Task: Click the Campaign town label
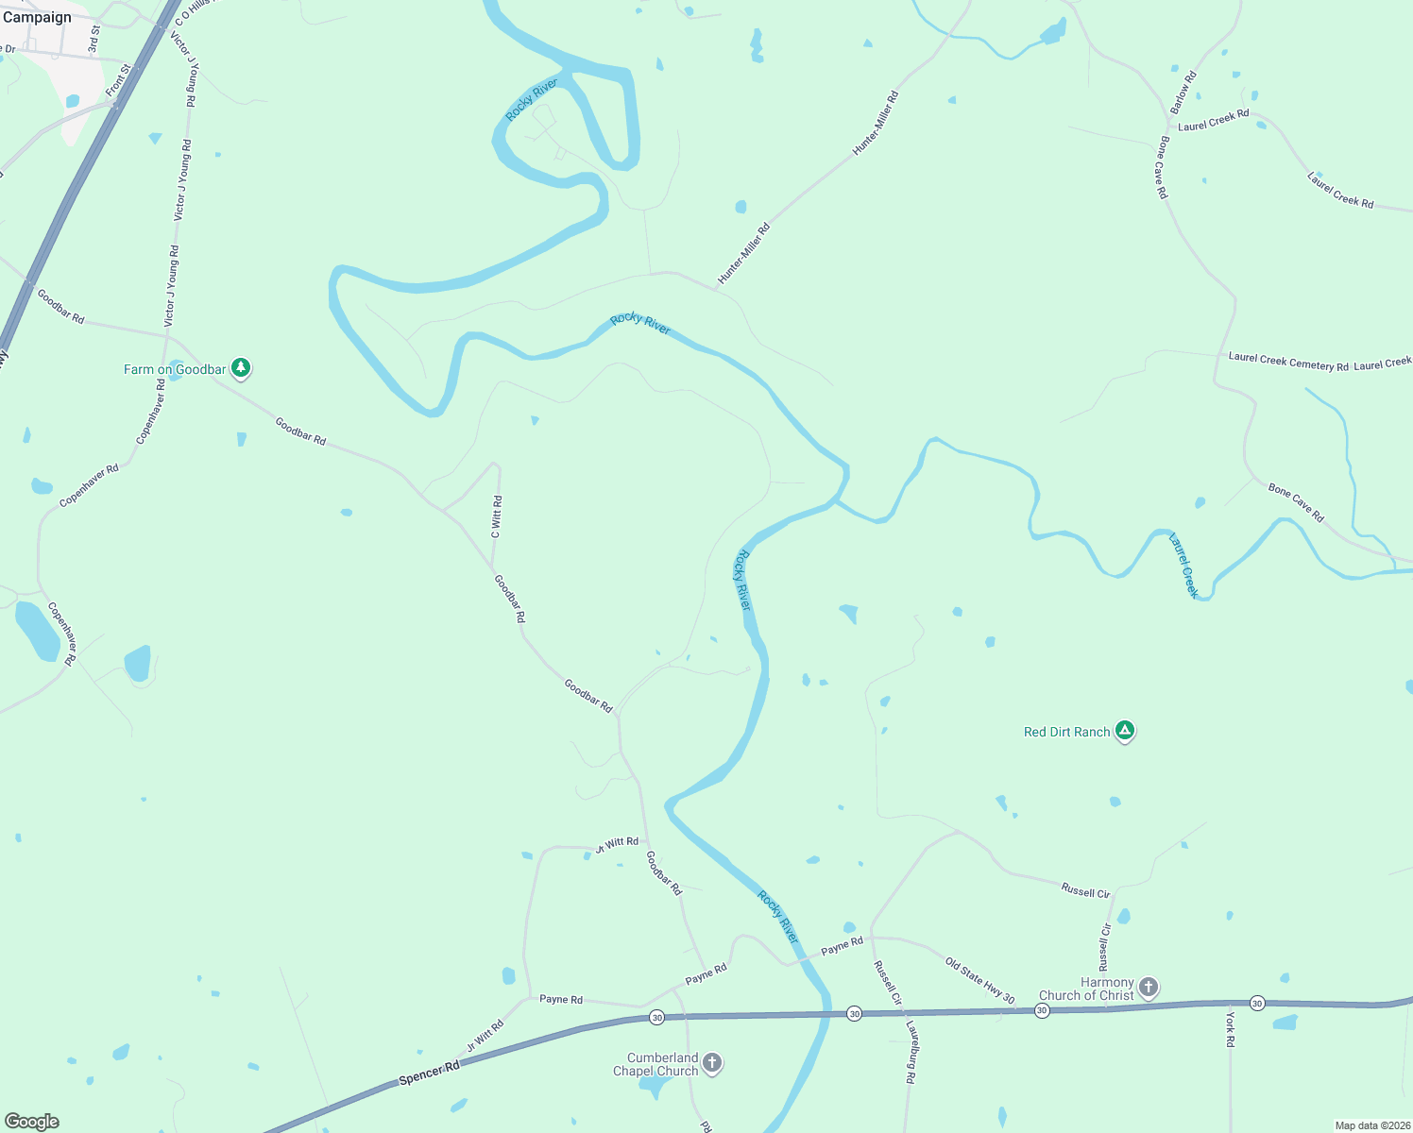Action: [37, 17]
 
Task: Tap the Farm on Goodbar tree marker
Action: [241, 368]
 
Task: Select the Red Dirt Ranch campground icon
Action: [1124, 731]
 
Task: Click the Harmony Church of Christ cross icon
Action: [1148, 988]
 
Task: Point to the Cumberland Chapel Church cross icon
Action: [712, 1063]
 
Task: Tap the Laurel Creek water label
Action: [1183, 566]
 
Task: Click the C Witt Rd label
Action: [497, 517]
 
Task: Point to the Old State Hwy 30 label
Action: [979, 981]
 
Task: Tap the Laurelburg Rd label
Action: [911, 1052]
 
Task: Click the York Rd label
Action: [1230, 1029]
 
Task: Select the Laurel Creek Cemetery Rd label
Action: [1287, 362]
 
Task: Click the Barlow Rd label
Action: [1183, 93]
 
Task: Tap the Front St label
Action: [118, 80]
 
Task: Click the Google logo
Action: [32, 1122]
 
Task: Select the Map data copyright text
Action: [1371, 1125]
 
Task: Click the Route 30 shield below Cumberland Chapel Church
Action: [656, 1017]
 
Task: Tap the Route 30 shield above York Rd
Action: [1257, 1003]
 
